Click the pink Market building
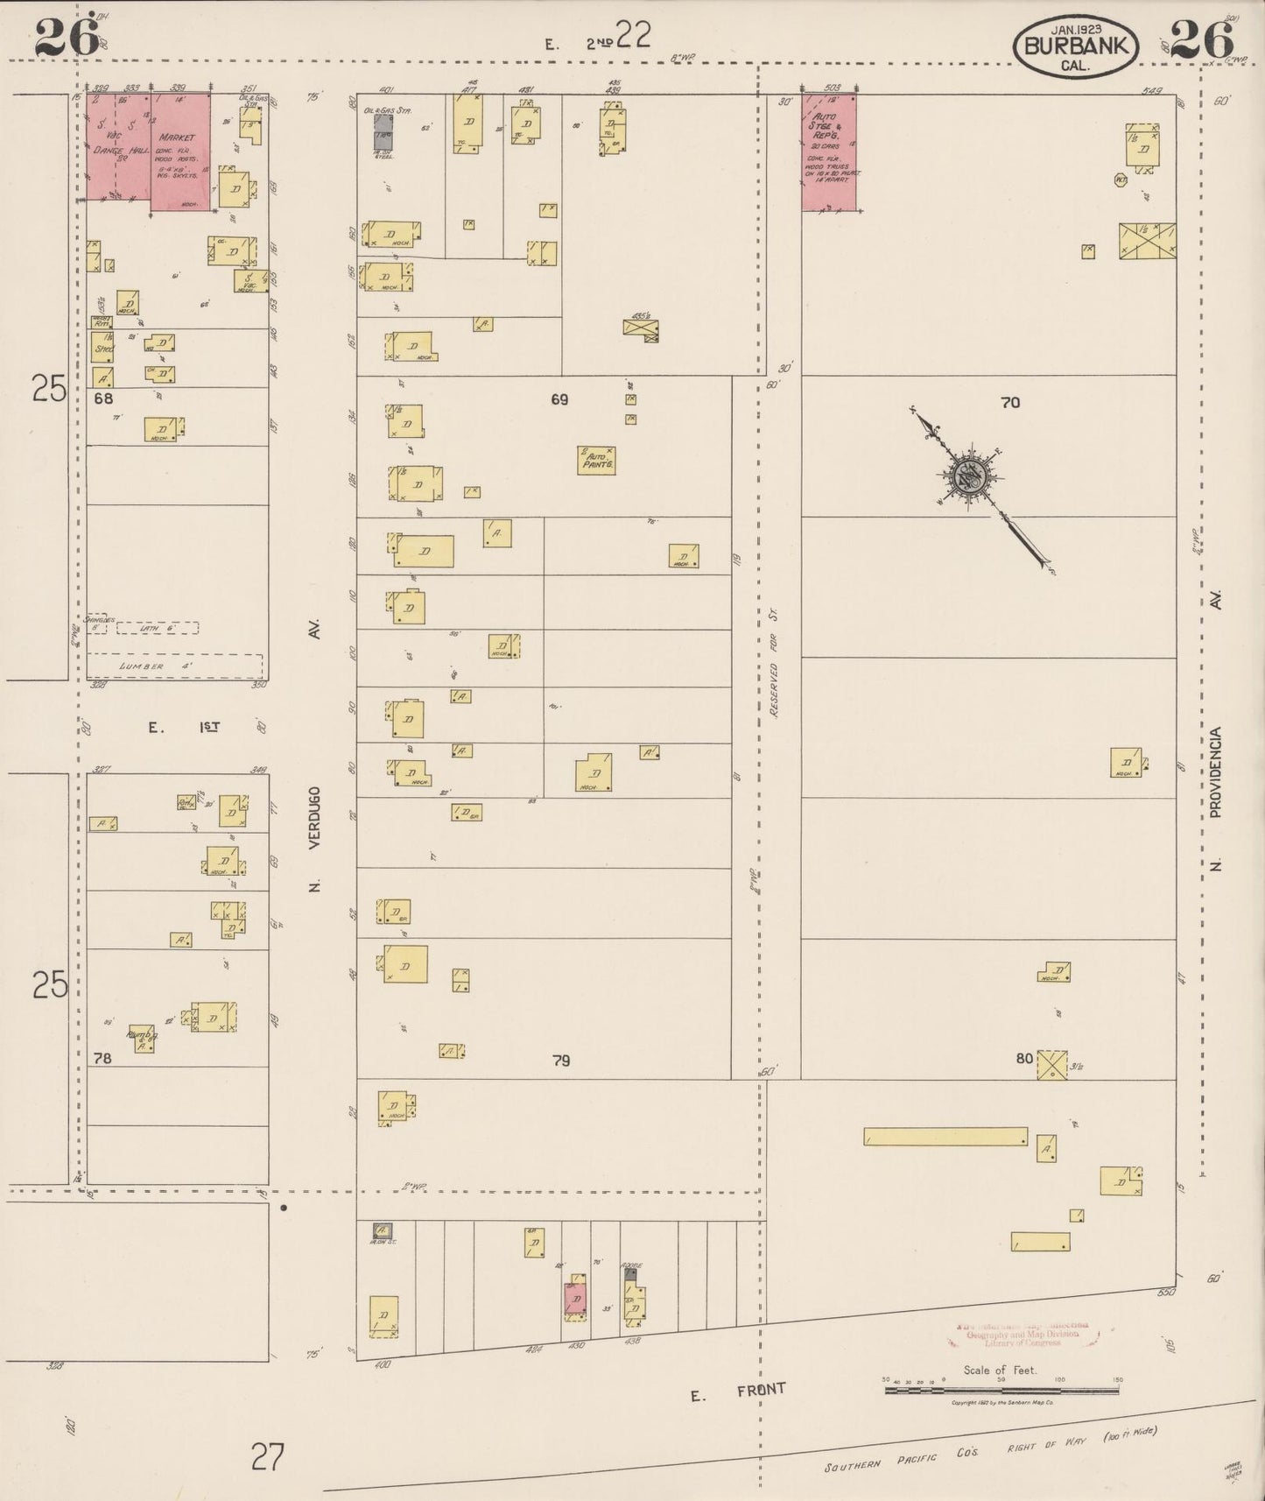(x=180, y=153)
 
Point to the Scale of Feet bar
(x=1001, y=1389)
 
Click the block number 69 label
(x=559, y=399)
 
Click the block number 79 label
(x=561, y=1061)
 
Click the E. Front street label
(x=737, y=1392)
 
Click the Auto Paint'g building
(x=595, y=461)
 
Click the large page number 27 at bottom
(x=268, y=1457)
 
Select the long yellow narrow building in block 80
(x=945, y=1137)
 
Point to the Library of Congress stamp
(x=1020, y=1335)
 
